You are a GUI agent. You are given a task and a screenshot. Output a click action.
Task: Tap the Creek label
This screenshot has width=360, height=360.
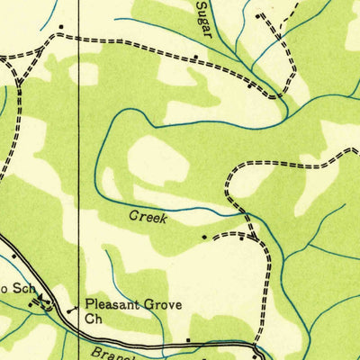pos(148,217)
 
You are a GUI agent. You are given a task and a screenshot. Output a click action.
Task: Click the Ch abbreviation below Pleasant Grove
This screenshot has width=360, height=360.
pos(94,319)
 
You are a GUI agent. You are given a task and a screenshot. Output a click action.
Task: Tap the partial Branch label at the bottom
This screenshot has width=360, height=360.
pos(112,354)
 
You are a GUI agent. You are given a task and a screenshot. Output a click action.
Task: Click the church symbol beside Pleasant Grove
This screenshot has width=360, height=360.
pos(71,311)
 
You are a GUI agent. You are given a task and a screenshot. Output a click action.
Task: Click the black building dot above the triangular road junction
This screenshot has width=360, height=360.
pos(60,27)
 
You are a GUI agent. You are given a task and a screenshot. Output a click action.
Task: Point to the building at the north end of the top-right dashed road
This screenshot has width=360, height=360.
pos(259,16)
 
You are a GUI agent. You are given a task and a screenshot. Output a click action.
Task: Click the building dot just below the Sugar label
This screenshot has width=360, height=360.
pos(197,58)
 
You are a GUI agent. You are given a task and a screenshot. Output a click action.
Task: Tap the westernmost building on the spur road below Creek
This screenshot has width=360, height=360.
pos(204,238)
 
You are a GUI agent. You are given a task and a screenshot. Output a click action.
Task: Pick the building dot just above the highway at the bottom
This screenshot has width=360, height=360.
pos(188,339)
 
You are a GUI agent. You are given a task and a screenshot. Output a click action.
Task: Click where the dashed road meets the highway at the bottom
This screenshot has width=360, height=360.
pos(257,345)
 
